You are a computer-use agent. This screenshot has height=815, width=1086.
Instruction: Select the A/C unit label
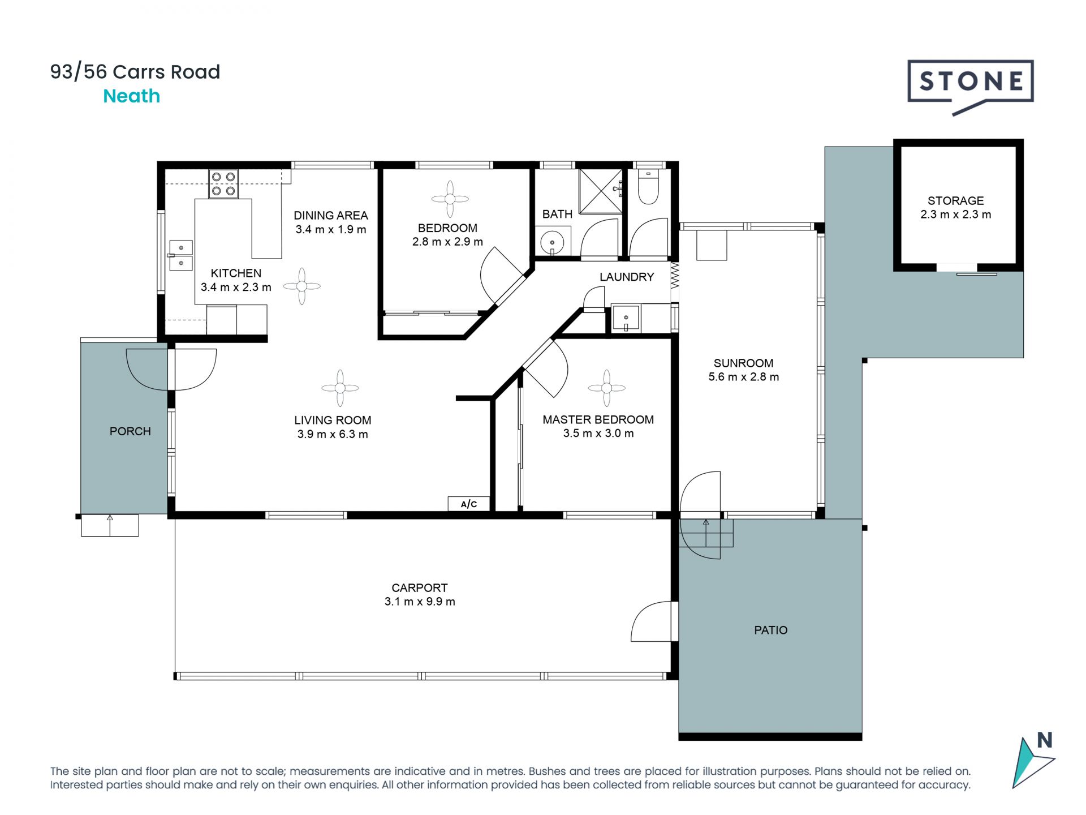(x=469, y=504)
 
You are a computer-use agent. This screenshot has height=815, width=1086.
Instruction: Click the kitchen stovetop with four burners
(x=223, y=184)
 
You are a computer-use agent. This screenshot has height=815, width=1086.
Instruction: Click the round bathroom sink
(x=552, y=243)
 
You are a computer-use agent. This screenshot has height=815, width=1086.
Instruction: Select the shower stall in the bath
(x=601, y=191)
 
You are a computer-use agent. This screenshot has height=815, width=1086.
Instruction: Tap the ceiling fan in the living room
(x=340, y=388)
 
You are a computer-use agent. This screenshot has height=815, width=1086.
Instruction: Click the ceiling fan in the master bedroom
(x=606, y=388)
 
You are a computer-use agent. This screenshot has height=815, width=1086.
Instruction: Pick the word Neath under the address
(x=132, y=96)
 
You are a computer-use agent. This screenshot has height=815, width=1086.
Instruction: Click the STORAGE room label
(x=955, y=201)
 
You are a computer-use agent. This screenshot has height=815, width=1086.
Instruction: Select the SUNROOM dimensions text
(x=743, y=377)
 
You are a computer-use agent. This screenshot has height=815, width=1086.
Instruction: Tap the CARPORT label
(x=420, y=588)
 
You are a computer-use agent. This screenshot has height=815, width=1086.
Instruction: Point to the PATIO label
(x=770, y=630)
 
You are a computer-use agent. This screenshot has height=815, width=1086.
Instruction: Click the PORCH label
(x=130, y=431)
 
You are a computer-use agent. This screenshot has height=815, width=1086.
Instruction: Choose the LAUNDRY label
(x=627, y=277)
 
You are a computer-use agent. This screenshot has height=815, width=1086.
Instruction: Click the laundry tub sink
(x=626, y=318)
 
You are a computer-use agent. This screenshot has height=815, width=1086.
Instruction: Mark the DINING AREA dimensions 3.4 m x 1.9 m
(x=331, y=229)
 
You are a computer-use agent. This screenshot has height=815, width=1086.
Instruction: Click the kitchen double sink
(x=181, y=255)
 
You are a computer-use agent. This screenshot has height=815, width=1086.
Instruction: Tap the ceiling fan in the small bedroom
(x=450, y=199)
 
